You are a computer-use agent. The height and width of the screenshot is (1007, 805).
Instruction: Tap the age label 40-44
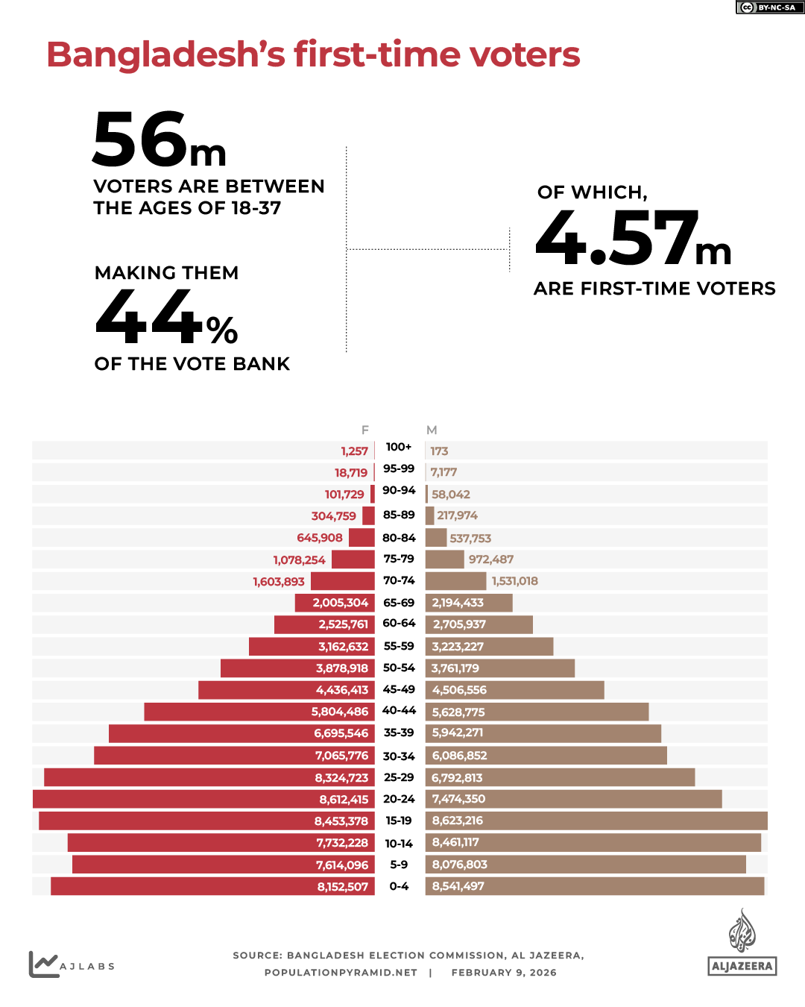pyautogui.click(x=399, y=710)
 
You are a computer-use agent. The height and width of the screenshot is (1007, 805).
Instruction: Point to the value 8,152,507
pyautogui.click(x=343, y=887)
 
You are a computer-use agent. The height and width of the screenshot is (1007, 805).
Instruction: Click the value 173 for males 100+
pyautogui.click(x=439, y=451)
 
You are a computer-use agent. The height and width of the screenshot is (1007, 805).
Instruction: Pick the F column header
pyautogui.click(x=365, y=430)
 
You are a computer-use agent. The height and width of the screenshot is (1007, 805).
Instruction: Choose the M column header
pyautogui.click(x=432, y=430)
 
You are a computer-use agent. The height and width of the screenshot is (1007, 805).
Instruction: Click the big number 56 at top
pyautogui.click(x=140, y=140)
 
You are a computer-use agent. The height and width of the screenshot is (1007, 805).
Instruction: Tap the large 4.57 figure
pyautogui.click(x=617, y=239)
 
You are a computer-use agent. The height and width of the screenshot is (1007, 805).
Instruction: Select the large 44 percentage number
pyautogui.click(x=149, y=318)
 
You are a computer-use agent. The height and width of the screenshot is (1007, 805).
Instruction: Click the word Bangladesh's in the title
pyautogui.click(x=165, y=54)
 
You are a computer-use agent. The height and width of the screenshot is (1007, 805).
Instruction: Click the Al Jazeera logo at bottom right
pyautogui.click(x=742, y=944)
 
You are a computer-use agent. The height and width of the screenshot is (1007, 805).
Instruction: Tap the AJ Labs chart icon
pyautogui.click(x=43, y=964)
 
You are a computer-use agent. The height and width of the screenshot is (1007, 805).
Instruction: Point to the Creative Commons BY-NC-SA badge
pyautogui.click(x=769, y=7)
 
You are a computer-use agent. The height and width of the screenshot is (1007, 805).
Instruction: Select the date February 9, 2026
pyautogui.click(x=504, y=973)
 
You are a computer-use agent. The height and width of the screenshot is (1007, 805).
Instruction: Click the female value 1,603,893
pyautogui.click(x=279, y=582)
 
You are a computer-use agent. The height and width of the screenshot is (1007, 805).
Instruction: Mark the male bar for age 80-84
pyautogui.click(x=436, y=538)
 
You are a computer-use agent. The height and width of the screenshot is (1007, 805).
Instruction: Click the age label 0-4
pyautogui.click(x=399, y=886)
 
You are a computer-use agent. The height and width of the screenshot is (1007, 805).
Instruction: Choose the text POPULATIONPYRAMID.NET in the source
pyautogui.click(x=341, y=973)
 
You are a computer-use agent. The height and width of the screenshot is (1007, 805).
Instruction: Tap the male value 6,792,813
pyautogui.click(x=457, y=778)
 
